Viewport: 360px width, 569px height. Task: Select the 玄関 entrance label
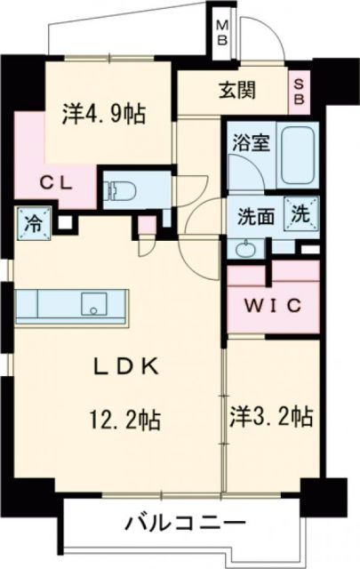tap(237, 90)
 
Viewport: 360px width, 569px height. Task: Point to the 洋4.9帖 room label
tap(104, 113)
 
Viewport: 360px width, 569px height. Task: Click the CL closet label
tap(55, 184)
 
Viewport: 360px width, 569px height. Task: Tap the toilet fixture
tap(118, 189)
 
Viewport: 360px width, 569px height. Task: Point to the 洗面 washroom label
tap(254, 216)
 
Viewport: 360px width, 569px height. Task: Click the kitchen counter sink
tap(93, 304)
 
